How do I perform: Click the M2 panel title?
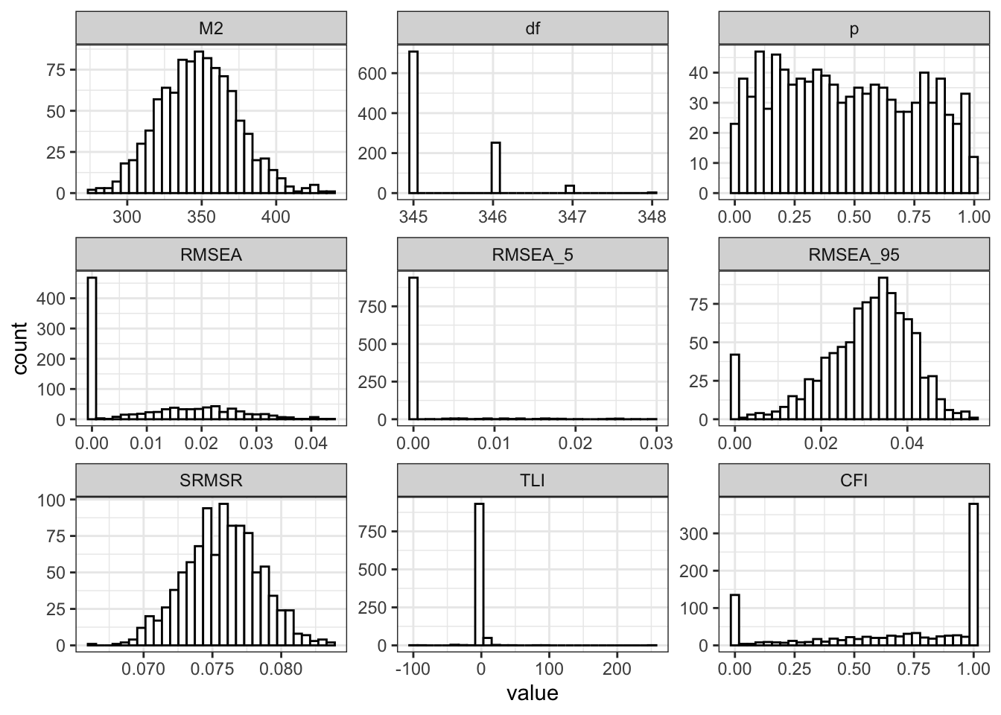[212, 29]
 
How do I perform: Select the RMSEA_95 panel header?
[854, 255]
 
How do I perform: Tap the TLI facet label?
[533, 480]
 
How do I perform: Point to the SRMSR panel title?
[212, 480]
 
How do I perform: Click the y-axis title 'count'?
[20, 348]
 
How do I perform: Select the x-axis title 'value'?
[532, 693]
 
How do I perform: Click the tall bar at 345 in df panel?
[413, 122]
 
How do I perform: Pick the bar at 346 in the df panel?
[495, 168]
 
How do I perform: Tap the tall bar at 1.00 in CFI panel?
[973, 574]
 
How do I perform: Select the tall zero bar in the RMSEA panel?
[92, 349]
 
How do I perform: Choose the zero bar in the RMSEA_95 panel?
[735, 387]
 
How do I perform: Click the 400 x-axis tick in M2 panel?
[276, 217]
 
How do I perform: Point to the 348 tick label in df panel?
[652, 217]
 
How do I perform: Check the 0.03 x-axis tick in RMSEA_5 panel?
[656, 443]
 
